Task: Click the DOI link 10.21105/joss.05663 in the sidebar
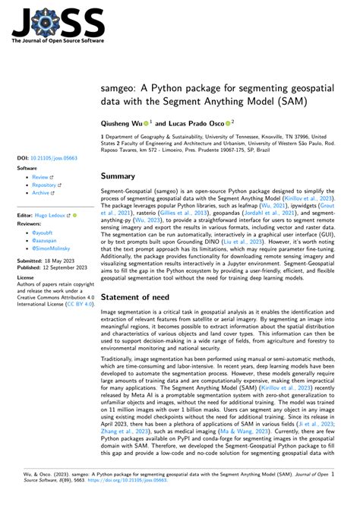coord(50,158)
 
